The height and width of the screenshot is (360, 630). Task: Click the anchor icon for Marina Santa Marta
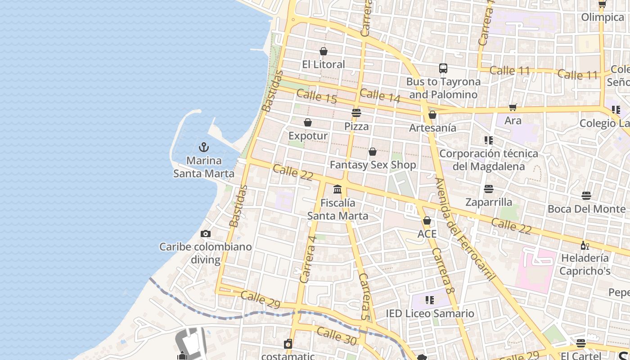204,147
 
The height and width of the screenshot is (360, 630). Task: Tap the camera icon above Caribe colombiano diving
206,234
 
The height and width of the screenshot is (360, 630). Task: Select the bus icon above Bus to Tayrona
443,68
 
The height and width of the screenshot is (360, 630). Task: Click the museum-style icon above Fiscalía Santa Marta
337,189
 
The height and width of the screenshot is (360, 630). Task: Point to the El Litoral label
324,64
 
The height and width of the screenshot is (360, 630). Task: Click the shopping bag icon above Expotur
308,122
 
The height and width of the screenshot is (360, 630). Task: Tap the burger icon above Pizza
356,113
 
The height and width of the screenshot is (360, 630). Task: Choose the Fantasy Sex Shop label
373,165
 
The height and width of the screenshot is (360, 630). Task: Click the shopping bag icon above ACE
427,220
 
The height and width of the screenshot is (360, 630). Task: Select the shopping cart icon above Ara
513,107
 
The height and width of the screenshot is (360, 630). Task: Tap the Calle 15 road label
316,96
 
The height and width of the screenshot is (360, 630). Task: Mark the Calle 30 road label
337,336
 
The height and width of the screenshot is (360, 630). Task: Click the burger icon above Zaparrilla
489,189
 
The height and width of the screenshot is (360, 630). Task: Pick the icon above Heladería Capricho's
585,245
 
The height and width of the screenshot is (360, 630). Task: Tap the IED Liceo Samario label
430,314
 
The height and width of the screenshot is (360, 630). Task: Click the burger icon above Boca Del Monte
586,196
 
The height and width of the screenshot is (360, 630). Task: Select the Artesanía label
432,128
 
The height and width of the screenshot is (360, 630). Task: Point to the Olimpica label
603,17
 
